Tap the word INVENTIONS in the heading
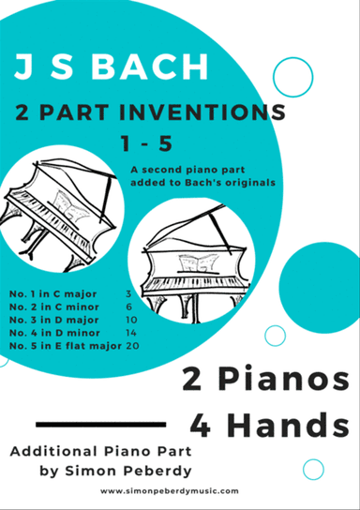point(202,112)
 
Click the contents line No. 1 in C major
point(53,294)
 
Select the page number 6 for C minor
point(129,307)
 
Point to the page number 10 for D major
point(131,320)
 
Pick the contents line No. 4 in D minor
point(54,333)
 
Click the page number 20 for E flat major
point(132,345)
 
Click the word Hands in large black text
point(290,425)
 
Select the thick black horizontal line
point(101,424)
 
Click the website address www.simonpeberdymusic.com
point(170,491)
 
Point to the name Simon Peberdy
point(128,471)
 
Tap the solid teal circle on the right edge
point(320,288)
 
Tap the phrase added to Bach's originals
point(202,183)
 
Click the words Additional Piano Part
point(101,452)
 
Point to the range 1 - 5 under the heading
point(146,143)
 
